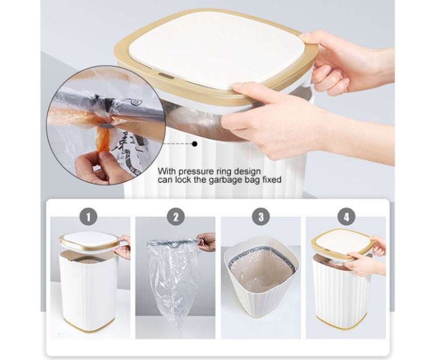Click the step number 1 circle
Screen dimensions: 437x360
click(88, 217)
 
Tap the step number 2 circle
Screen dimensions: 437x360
click(176, 217)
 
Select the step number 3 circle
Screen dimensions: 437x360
click(261, 217)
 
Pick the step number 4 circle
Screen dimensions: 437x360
click(347, 217)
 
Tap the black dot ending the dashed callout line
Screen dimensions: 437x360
click(195, 144)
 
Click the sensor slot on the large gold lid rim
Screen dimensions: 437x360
click(165, 75)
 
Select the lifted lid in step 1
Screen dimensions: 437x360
click(89, 241)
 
